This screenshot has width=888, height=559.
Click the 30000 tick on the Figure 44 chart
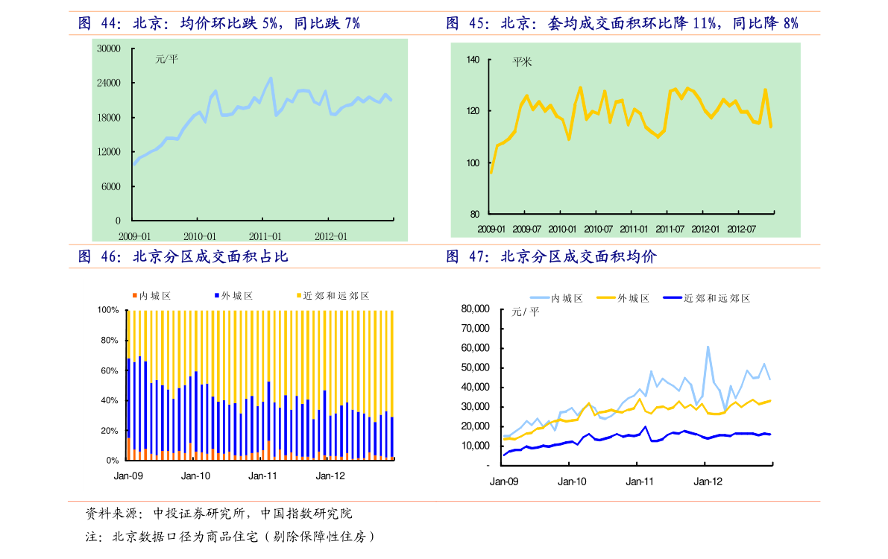click(x=109, y=49)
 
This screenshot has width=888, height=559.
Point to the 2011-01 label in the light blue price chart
click(x=266, y=236)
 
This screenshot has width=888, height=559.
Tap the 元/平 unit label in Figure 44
click(x=166, y=59)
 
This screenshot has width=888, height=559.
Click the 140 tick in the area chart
click(x=473, y=60)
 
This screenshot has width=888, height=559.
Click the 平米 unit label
click(x=522, y=63)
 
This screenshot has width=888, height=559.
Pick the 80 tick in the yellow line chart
click(x=475, y=215)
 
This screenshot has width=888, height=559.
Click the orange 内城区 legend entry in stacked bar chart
click(x=153, y=296)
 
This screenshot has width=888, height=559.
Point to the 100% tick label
click(x=108, y=310)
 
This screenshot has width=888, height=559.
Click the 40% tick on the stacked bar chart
click(x=110, y=401)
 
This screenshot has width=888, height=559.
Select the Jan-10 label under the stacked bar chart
click(x=196, y=476)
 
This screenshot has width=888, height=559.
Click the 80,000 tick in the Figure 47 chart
click(x=475, y=309)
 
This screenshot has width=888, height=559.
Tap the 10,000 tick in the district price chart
click(x=475, y=446)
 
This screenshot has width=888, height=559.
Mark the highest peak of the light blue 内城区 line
click(x=708, y=347)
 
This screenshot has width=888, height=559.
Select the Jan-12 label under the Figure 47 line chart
click(x=708, y=481)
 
